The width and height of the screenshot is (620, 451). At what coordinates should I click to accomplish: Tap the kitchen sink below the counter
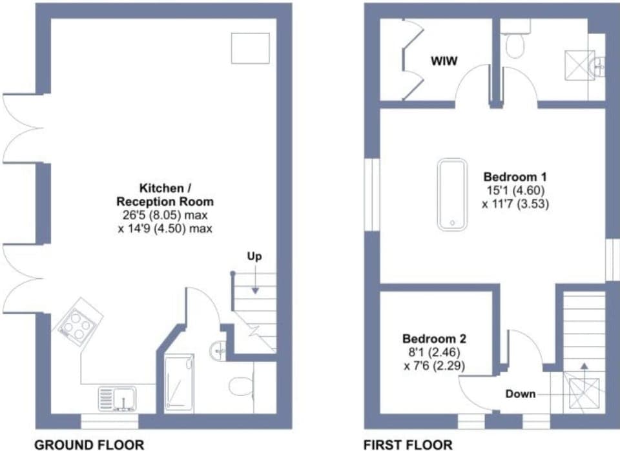[117, 398]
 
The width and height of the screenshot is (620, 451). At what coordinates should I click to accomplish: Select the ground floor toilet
[239, 386]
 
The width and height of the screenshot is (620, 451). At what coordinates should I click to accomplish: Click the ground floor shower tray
[179, 383]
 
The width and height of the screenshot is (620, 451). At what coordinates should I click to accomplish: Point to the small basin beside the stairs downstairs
[218, 351]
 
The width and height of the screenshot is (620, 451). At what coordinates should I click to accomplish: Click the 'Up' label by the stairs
[254, 257]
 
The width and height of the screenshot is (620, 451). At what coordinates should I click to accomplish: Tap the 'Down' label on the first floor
[521, 393]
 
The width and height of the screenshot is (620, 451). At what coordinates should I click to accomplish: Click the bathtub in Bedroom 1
[452, 194]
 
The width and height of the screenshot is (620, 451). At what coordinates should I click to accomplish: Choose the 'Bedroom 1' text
[510, 177]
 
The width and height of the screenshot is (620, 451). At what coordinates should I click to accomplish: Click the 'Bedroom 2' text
[429, 339]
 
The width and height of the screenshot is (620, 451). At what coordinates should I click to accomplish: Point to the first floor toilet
[515, 44]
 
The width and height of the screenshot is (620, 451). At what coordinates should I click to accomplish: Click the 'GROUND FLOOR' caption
[88, 444]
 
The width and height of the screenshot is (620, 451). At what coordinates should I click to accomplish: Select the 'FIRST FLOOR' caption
[408, 444]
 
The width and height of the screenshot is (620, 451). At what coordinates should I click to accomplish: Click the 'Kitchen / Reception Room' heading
[165, 195]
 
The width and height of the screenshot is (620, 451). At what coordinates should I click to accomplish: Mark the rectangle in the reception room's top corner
[251, 48]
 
